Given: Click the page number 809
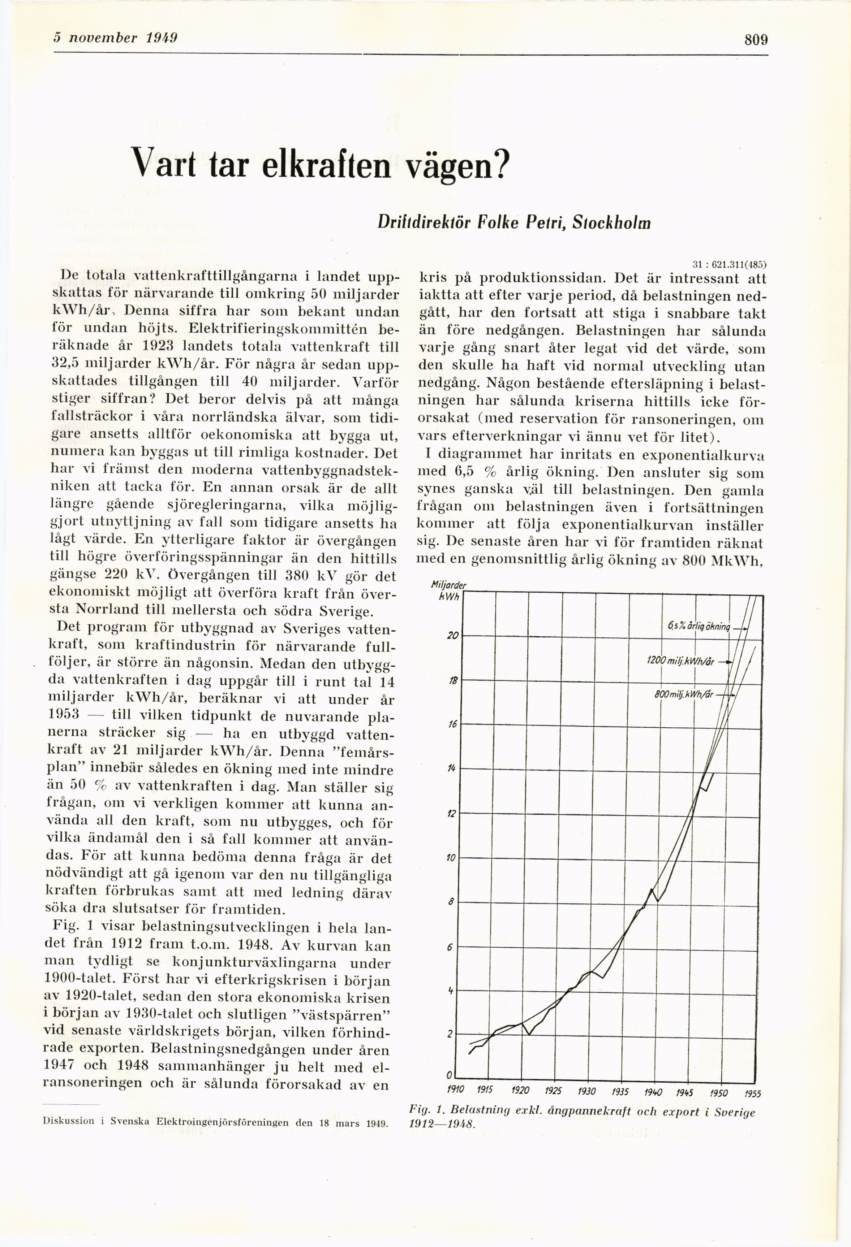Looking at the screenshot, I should pos(756,40).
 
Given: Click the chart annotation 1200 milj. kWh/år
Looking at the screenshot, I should pos(681,662).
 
